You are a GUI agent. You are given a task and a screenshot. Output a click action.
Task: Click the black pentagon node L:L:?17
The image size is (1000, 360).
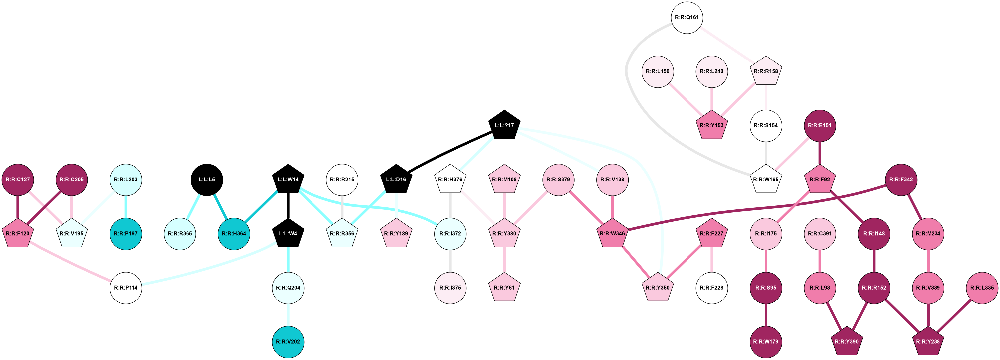point(504,125)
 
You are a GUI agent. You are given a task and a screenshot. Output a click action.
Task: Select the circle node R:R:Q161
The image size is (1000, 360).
point(687,18)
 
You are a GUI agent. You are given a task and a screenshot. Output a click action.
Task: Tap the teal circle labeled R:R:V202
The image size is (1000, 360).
point(288,342)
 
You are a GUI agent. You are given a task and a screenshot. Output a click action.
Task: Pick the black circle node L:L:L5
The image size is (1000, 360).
point(207,180)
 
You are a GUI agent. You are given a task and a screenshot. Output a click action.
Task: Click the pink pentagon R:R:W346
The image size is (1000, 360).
point(612,233)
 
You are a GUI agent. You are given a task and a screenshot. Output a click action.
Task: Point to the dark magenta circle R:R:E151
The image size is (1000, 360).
point(819,125)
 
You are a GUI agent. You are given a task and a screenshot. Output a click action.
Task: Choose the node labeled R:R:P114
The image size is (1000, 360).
point(126,288)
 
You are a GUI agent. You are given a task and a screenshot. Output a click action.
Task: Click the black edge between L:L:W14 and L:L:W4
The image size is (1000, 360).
point(288,205)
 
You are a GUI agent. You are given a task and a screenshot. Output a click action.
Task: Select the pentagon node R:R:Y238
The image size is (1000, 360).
point(928,342)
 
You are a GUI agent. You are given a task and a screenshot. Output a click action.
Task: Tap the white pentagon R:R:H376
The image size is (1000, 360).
point(450,180)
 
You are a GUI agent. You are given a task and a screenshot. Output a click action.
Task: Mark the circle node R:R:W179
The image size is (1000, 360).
point(766,342)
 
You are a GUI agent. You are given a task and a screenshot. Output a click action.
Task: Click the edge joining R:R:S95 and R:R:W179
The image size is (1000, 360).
point(766,315)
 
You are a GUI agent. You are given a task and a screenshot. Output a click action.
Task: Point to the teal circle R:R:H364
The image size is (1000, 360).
point(234,234)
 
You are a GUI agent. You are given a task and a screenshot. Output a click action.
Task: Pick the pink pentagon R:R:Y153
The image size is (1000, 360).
point(711,125)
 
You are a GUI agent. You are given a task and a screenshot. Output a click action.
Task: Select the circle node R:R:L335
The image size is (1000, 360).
point(982,288)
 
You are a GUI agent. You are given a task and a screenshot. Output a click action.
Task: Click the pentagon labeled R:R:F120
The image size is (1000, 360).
point(18,234)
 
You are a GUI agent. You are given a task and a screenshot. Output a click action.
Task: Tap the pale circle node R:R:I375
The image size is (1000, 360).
point(450,288)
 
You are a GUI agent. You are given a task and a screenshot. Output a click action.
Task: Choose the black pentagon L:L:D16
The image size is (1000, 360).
point(396,180)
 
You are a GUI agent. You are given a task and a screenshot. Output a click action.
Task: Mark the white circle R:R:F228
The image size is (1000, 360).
point(711,288)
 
